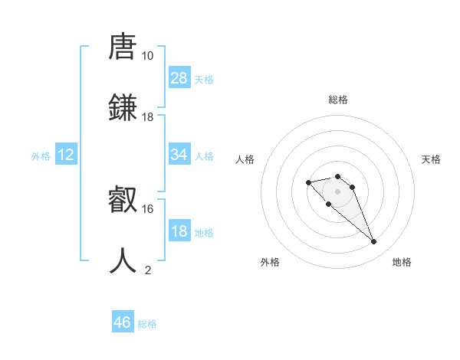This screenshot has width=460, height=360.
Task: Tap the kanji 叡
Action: tap(123, 200)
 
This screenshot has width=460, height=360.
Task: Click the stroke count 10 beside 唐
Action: tap(147, 56)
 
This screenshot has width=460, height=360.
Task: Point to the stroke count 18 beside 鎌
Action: tap(147, 117)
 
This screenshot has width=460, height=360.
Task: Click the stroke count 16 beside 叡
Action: tap(147, 208)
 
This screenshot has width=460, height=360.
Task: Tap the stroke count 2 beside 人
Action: tap(148, 270)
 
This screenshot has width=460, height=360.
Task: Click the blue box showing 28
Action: tap(179, 78)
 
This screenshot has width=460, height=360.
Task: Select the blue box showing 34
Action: tap(179, 155)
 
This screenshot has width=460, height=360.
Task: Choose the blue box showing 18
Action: tap(179, 231)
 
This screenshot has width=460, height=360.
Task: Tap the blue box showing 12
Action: tap(66, 155)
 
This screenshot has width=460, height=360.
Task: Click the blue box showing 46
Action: tap(123, 322)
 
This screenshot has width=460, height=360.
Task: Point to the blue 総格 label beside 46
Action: tap(147, 324)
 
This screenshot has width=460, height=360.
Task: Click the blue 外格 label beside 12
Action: tap(41, 155)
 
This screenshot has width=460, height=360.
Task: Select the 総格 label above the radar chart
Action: tap(338, 100)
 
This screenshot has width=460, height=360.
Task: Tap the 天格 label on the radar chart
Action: tap(432, 159)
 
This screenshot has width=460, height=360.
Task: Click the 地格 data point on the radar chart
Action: tap(374, 242)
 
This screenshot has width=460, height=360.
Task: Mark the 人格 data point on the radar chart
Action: tap(308, 182)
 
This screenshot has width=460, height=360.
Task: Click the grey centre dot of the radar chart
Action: tap(338, 191)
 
